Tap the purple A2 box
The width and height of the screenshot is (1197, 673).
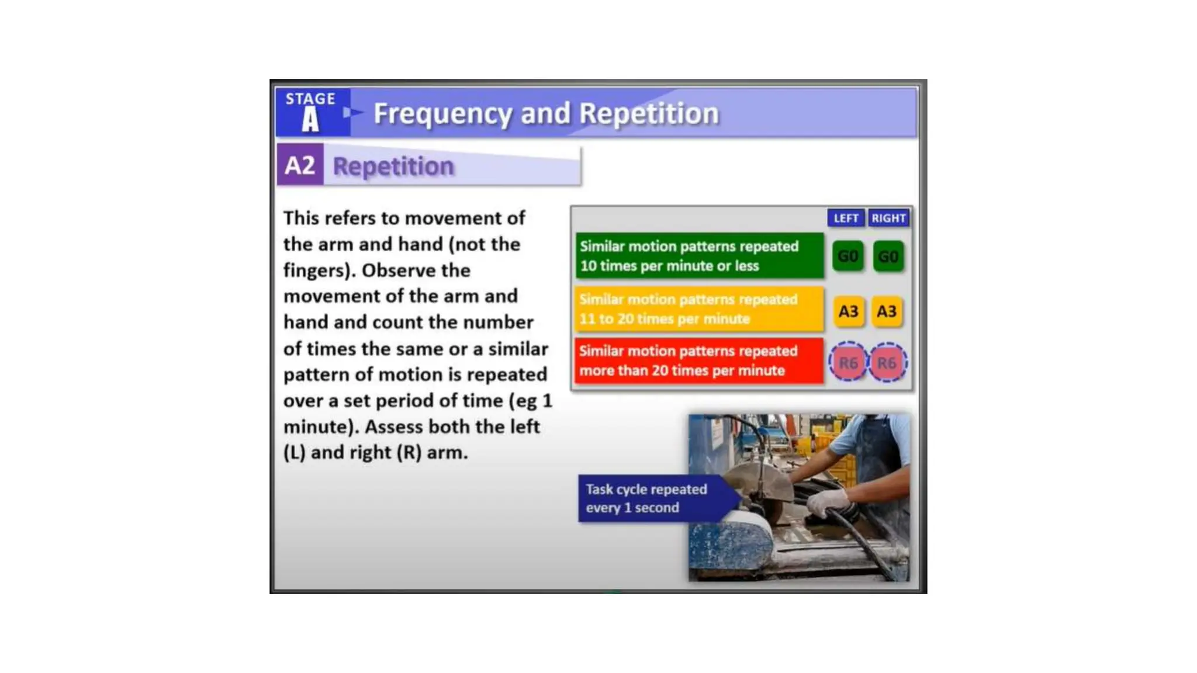300,165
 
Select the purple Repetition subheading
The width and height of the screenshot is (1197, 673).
393,166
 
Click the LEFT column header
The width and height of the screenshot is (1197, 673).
845,218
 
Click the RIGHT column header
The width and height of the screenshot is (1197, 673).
888,218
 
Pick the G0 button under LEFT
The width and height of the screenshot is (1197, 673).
847,256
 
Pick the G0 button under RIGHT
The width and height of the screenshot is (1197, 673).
888,256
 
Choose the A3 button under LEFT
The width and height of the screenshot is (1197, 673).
848,311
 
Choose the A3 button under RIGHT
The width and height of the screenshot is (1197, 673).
887,311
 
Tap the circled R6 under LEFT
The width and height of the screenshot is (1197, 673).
848,363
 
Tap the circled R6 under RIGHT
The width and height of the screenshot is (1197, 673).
887,363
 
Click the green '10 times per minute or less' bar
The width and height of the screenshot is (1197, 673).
699,256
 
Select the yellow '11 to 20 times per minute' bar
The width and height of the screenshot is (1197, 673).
699,309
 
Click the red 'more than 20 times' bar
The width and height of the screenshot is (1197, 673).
699,361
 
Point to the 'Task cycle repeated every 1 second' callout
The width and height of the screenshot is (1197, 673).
649,498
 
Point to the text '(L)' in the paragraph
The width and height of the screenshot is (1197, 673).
295,453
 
